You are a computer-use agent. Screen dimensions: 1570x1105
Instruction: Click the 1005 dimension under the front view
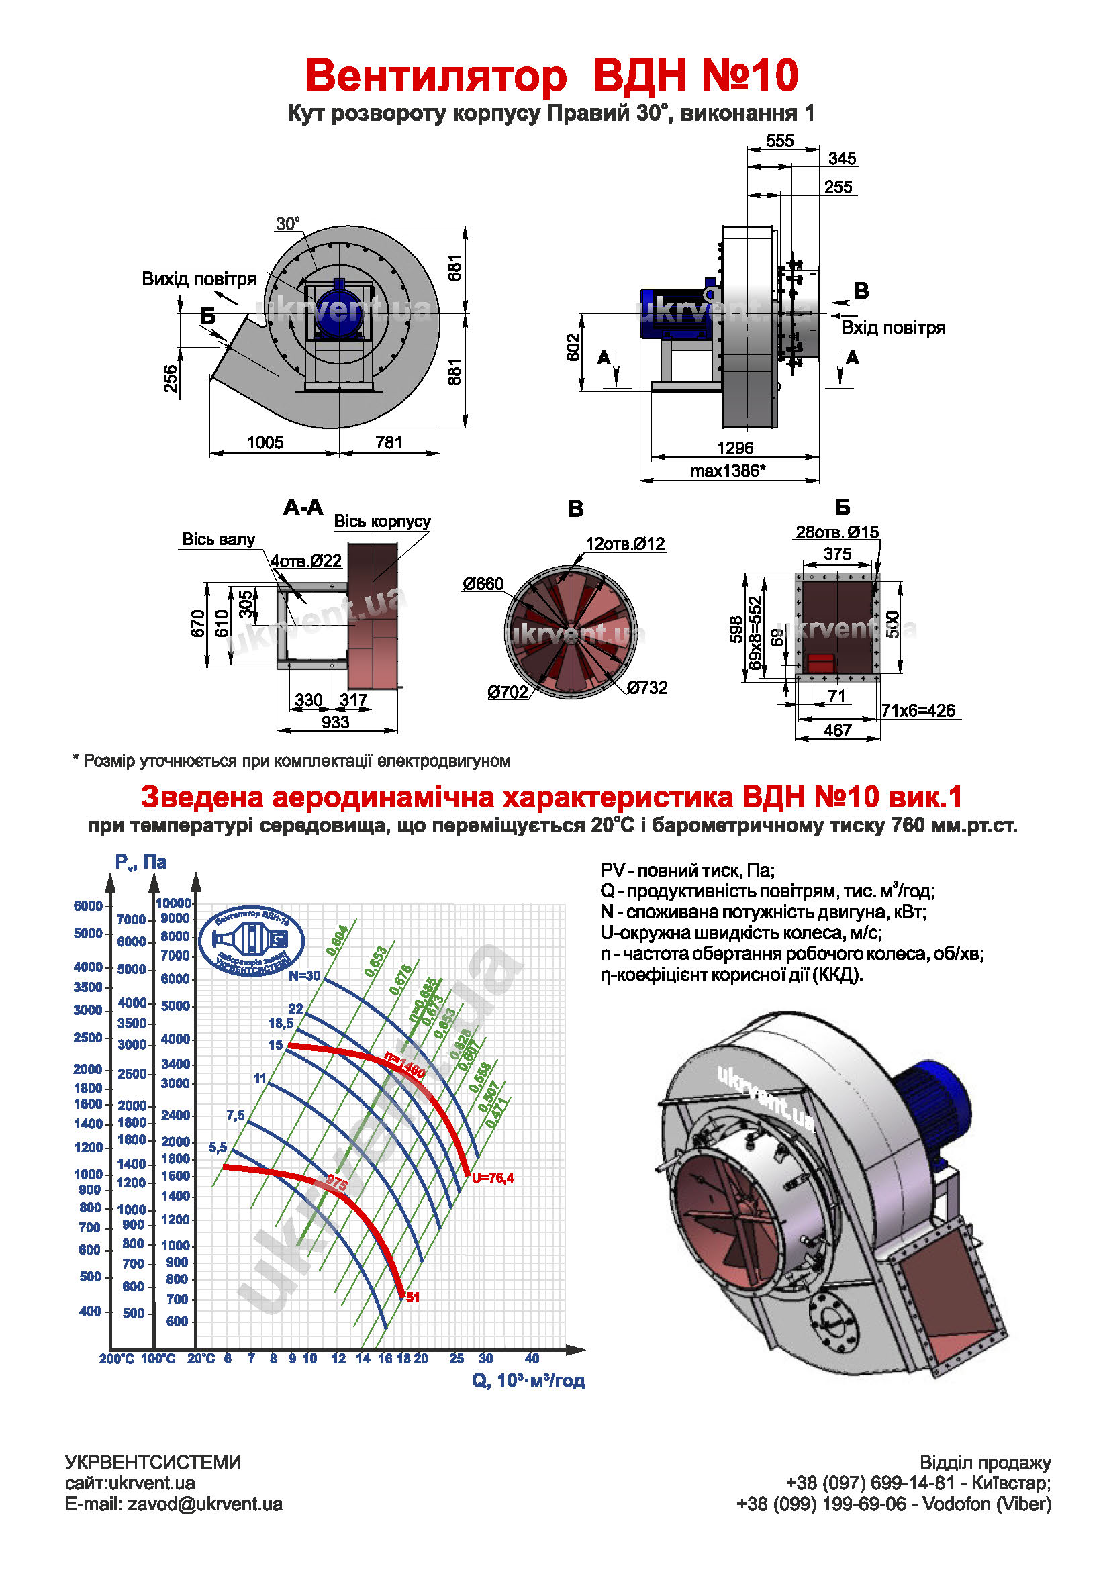[265, 442]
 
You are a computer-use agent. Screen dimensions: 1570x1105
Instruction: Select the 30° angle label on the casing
[287, 224]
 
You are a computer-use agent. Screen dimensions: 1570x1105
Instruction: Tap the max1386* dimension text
[728, 471]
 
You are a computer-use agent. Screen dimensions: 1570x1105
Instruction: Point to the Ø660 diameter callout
[483, 584]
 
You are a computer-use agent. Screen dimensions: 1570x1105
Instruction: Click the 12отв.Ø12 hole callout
[624, 544]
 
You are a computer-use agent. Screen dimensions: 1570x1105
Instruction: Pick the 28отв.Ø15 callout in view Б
[836, 532]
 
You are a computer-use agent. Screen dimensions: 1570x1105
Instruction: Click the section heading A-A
[303, 507]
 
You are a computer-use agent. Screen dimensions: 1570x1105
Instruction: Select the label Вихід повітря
[198, 279]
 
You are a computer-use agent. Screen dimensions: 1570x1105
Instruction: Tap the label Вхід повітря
[893, 328]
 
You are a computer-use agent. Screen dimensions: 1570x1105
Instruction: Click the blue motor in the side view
[673, 313]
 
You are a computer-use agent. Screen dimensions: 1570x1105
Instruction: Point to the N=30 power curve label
[303, 976]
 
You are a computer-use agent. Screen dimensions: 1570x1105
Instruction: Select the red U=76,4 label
[492, 1177]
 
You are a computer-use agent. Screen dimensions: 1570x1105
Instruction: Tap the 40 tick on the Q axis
[532, 1358]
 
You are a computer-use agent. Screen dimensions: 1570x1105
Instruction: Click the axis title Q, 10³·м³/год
[528, 1381]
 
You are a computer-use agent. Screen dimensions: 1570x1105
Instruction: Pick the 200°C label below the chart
[116, 1359]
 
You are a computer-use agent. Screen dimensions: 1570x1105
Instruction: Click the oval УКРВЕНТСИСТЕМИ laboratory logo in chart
[252, 941]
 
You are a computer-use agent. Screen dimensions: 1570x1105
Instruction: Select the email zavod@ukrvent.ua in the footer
[205, 1504]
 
